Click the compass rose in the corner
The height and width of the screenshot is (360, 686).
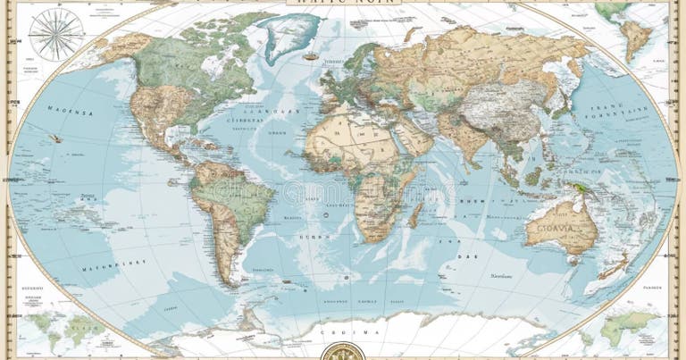coord(55,34)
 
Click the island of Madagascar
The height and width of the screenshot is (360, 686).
coord(415,214)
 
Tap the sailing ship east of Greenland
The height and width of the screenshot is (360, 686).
coord(310,55)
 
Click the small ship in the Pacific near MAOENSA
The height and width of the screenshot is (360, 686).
coord(55,138)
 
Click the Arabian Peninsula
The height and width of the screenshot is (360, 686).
coord(412,138)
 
